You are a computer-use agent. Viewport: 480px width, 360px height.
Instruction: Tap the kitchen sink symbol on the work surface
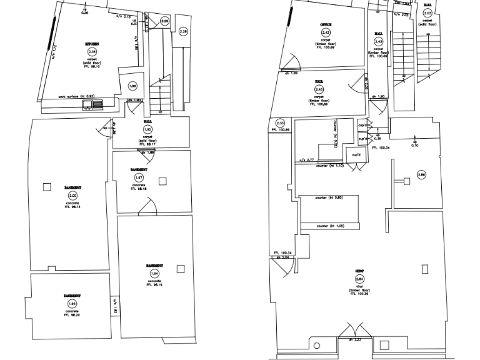[x=87, y=104]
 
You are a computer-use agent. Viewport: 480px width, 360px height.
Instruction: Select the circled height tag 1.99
[x=132, y=86]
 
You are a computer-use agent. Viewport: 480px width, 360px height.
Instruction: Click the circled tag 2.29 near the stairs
[x=164, y=22]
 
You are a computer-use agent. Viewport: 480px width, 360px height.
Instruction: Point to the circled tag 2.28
[x=183, y=31]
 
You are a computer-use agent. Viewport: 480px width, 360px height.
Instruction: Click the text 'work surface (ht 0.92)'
[x=81, y=97]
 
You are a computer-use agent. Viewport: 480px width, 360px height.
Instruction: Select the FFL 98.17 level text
[x=147, y=143]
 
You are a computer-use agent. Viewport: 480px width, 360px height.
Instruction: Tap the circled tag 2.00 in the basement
[x=72, y=196]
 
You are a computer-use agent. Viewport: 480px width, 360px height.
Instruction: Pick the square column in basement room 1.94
[x=181, y=269]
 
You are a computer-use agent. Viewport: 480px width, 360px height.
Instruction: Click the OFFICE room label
[x=326, y=25]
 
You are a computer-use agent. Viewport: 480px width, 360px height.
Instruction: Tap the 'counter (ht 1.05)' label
[x=331, y=226]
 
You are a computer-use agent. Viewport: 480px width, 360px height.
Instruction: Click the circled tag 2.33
[x=280, y=123]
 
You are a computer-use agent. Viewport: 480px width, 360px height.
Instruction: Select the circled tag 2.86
[x=422, y=175]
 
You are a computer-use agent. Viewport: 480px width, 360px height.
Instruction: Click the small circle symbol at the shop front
[x=316, y=346]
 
